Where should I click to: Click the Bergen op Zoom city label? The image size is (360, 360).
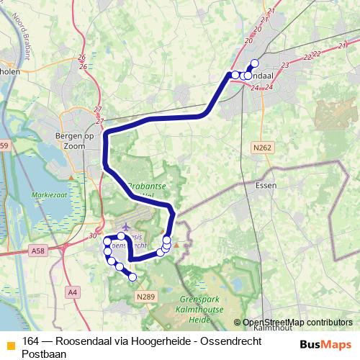pyautogui.click(x=70, y=140)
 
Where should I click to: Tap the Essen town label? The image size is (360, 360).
pyautogui.click(x=266, y=185)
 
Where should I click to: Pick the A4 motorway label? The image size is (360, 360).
pyautogui.click(x=72, y=292)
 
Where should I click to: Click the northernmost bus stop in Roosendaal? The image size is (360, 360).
pyautogui.click(x=254, y=63)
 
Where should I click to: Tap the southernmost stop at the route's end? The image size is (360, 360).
pyautogui.click(x=132, y=277)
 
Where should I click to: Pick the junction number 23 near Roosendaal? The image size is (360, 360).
pyautogui.click(x=285, y=66)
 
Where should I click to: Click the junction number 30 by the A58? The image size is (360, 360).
pyautogui.click(x=93, y=235)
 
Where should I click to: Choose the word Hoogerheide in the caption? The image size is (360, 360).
pyautogui.click(x=145, y=341)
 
